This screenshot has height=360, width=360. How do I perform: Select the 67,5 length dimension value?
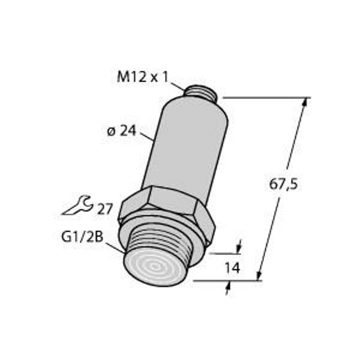click(x=283, y=184)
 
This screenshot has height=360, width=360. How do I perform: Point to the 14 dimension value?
click(x=232, y=268)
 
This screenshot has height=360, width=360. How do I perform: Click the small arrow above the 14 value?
click(x=239, y=247)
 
